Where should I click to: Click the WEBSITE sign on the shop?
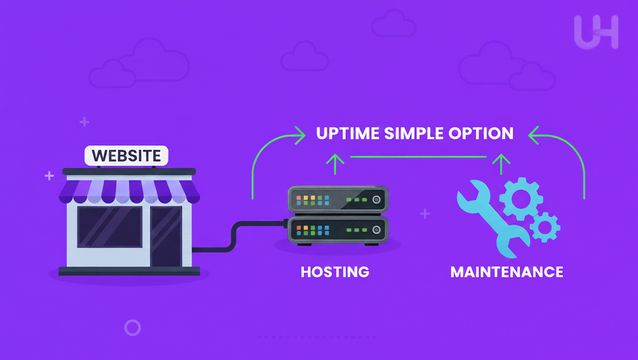(126, 156)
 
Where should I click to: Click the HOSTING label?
(335, 272)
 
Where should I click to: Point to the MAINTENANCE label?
(506, 272)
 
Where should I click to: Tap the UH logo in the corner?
(595, 32)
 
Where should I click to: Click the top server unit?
(338, 200)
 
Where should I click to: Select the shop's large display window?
(110, 227)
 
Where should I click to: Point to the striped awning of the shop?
(128, 191)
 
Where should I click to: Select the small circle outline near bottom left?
(133, 327)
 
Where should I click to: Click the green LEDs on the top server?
(357, 200)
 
